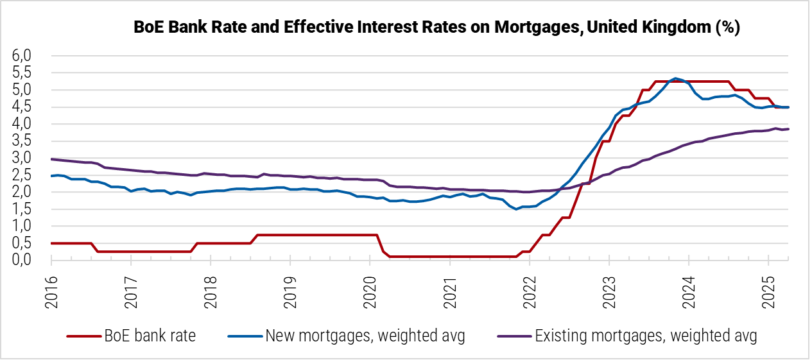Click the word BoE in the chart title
click(148, 28)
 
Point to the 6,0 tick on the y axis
click(22, 56)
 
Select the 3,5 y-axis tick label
click(22, 141)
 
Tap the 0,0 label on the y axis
click(22, 259)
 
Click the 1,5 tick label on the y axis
click(22, 209)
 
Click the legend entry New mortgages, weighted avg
click(365, 335)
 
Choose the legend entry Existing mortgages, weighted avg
click(646, 335)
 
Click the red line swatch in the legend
click(84, 336)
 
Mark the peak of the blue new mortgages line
click(675, 78)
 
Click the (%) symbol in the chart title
click(728, 28)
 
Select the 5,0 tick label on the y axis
click(22, 90)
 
